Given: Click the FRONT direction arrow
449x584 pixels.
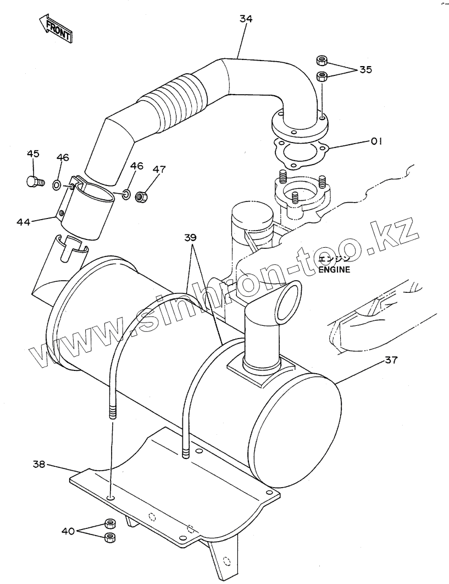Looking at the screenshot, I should (55, 29).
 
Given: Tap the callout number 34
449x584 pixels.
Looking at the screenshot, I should (246, 19).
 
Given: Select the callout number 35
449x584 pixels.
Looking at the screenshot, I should (365, 69).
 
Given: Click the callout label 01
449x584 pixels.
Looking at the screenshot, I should (376, 141).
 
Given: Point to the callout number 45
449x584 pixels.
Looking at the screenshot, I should (33, 154).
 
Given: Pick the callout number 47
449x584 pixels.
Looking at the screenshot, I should (158, 170).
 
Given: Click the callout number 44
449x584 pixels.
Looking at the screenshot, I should (23, 222).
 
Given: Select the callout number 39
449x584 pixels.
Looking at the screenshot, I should (190, 237).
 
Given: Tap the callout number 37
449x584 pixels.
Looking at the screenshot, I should (391, 361).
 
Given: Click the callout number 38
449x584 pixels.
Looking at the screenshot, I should (38, 464).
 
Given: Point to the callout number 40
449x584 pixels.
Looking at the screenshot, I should (68, 531).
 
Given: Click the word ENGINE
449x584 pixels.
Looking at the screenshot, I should (333, 270).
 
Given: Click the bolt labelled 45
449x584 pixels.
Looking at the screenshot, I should (34, 181).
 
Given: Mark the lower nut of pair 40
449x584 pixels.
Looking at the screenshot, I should (109, 537).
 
